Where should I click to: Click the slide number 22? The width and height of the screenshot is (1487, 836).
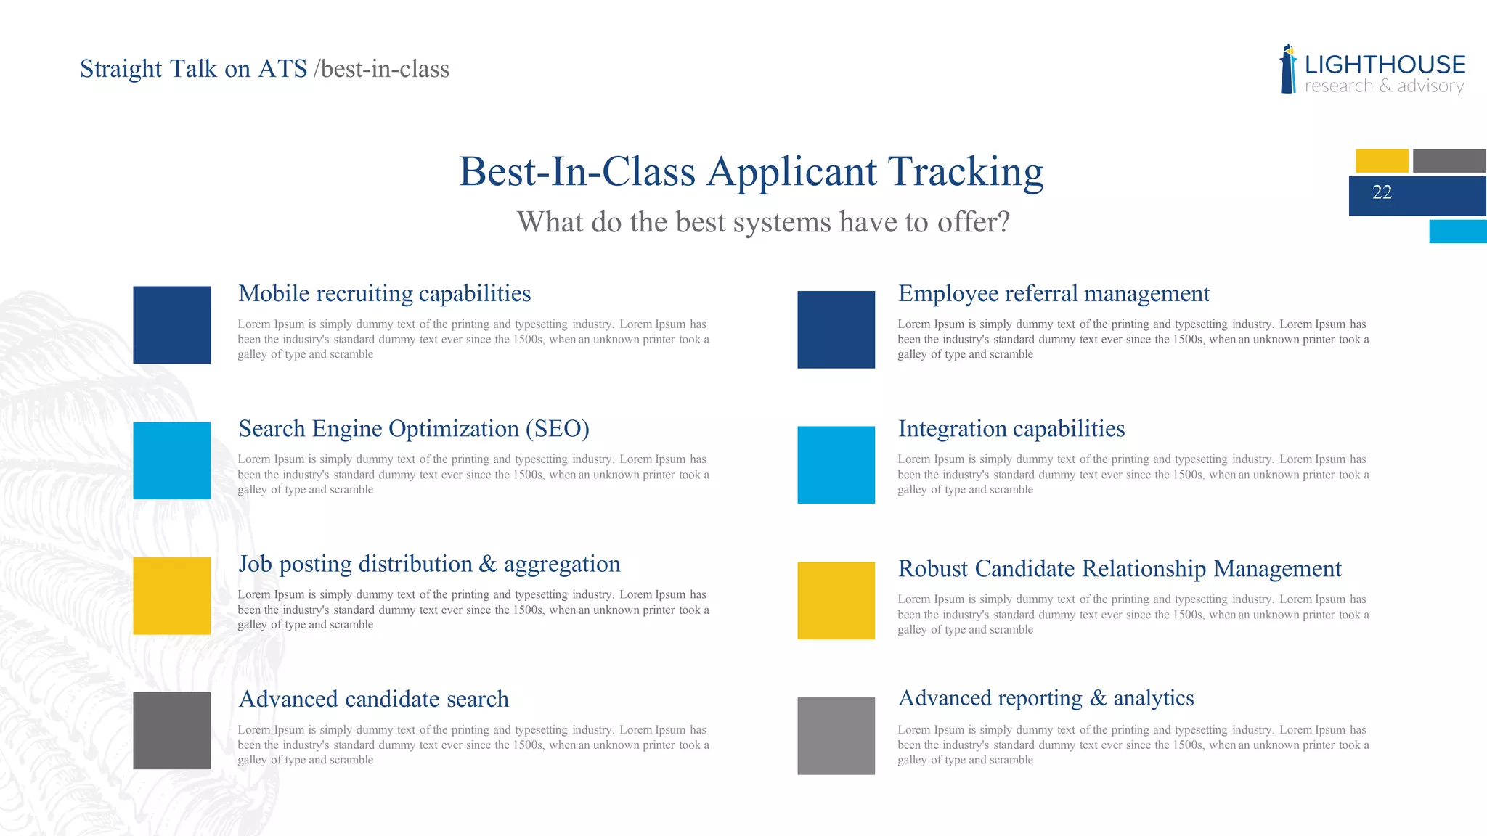(1382, 192)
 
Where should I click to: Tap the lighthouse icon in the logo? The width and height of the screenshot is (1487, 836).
(1288, 70)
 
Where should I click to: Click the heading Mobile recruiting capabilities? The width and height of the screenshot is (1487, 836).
(384, 293)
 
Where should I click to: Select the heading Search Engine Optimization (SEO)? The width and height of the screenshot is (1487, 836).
(413, 429)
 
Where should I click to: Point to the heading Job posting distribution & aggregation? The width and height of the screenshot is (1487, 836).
(429, 564)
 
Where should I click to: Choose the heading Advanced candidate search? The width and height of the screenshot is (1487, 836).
(373, 699)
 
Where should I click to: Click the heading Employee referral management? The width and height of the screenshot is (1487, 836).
(1054, 293)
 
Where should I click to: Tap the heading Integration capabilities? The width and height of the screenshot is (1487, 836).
(1011, 429)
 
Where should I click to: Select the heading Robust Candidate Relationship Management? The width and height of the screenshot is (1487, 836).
(1120, 569)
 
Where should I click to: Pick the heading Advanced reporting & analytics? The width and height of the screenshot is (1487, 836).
(1046, 698)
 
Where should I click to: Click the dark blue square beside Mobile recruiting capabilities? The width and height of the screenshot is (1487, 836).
(172, 325)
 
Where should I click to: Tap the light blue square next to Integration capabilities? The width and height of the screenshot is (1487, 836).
(836, 465)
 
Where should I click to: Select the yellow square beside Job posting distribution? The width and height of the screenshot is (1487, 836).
(172, 596)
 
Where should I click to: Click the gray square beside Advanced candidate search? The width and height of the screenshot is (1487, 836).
(172, 731)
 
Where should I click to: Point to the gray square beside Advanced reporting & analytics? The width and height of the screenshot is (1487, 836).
(836, 736)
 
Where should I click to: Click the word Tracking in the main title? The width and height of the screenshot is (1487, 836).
(966, 173)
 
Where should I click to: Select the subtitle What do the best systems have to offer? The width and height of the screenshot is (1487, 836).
(763, 222)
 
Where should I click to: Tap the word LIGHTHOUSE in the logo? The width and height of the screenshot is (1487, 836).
(1385, 65)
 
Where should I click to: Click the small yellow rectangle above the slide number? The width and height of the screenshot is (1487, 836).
(1382, 160)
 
